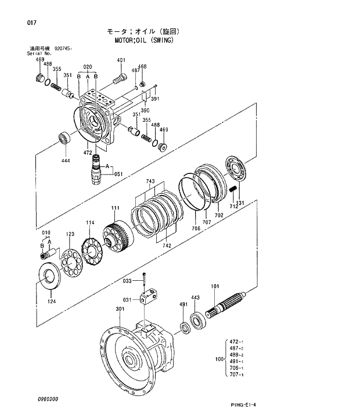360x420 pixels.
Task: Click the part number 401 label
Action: pos(121,60)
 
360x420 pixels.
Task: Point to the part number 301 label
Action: pos(120,309)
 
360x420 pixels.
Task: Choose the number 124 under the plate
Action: pos(52,300)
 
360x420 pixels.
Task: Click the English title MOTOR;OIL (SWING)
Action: pos(142,41)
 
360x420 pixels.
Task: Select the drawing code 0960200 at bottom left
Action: pos(48,399)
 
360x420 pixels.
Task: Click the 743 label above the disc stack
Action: pos(150,182)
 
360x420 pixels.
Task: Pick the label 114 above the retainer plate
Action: pos(90,223)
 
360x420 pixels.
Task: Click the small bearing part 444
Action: pos(64,138)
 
